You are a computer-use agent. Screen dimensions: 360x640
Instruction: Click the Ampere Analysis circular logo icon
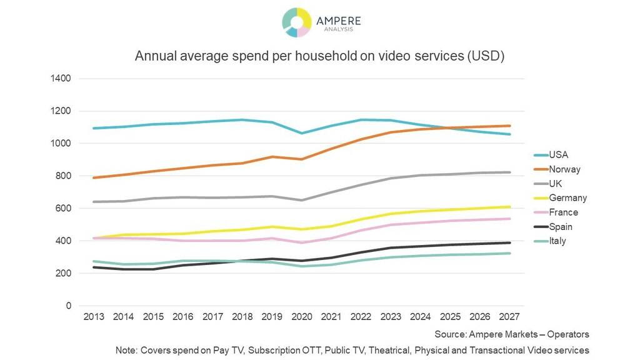pyautogui.click(x=296, y=22)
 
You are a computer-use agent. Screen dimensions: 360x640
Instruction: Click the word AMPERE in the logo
pyautogui.click(x=338, y=20)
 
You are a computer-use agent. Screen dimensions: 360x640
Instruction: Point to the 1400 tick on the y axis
pyautogui.click(x=62, y=79)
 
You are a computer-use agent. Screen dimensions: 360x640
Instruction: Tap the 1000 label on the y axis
pyautogui.click(x=62, y=144)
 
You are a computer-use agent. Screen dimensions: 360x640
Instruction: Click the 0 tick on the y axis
pyautogui.click(x=68, y=306)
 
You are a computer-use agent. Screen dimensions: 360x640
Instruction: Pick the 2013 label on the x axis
pyautogui.click(x=94, y=317)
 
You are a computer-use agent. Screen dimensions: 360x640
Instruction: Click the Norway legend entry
pyautogui.click(x=564, y=169)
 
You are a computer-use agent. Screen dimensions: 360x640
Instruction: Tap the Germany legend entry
pyautogui.click(x=567, y=198)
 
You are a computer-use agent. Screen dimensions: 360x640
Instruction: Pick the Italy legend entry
pyautogui.click(x=557, y=241)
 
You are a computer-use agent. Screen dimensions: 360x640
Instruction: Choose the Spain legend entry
pyautogui.click(x=561, y=226)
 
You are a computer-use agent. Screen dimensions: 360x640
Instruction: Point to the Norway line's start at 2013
pyautogui.click(x=94, y=178)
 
